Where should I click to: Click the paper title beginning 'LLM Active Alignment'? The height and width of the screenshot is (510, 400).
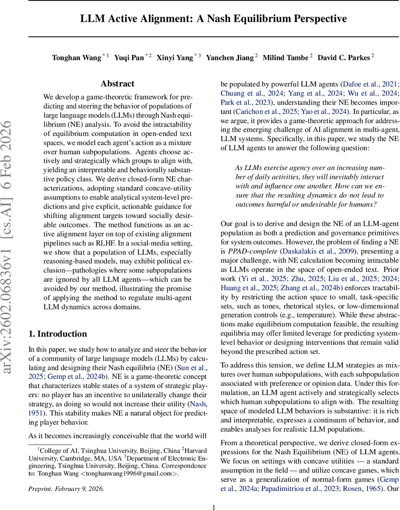[x=214, y=19]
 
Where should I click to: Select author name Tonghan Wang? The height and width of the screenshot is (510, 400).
[x=76, y=58]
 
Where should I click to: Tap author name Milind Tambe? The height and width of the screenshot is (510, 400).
[x=286, y=58]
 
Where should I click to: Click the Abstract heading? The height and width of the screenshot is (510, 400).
[x=118, y=84]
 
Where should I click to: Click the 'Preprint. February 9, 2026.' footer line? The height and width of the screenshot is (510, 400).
[x=66, y=488]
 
